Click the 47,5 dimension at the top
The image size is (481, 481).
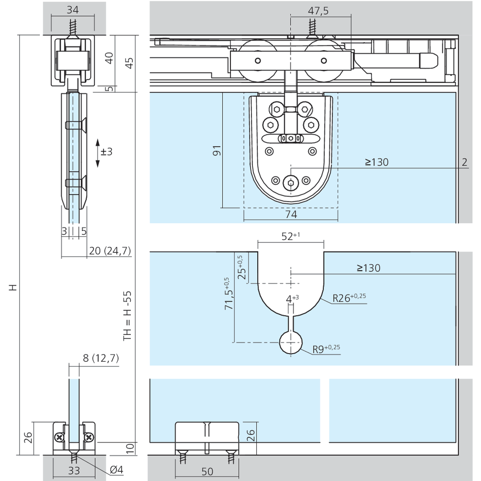[318, 11]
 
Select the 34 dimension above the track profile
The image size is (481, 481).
[73, 10]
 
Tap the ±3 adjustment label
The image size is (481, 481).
[106, 152]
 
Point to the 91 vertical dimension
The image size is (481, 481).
[217, 150]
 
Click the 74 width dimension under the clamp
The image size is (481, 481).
[291, 214]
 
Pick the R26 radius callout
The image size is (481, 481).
[349, 298]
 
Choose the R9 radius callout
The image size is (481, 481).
[326, 349]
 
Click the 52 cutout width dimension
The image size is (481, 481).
[291, 236]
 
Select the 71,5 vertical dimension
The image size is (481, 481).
[229, 293]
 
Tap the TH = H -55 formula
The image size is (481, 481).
[127, 316]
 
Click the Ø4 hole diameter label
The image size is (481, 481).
[116, 469]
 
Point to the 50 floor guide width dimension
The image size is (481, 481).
[207, 471]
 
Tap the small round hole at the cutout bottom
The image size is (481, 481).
[291, 342]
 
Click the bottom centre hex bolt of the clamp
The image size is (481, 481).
[291, 183]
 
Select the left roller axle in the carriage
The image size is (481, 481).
[258, 61]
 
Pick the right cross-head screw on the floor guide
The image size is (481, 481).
[89, 437]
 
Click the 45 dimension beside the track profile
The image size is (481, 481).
[130, 63]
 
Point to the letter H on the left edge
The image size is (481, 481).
[13, 288]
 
